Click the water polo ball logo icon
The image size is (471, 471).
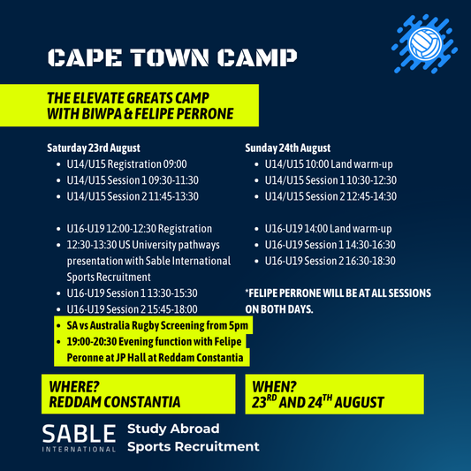click(424, 44)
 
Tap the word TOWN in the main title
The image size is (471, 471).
click(170, 57)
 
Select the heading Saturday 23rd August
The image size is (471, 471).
click(94, 148)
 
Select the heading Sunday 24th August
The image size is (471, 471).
click(287, 148)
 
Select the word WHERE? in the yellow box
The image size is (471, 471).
click(74, 386)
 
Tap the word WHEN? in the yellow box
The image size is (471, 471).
click(274, 386)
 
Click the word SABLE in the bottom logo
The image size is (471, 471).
click(79, 434)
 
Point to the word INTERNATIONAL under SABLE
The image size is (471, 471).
click(79, 450)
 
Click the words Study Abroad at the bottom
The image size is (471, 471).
click(173, 429)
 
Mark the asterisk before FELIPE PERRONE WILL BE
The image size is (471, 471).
click(247, 291)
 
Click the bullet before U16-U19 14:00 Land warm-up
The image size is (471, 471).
click(256, 229)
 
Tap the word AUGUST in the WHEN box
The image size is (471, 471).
click(359, 402)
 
